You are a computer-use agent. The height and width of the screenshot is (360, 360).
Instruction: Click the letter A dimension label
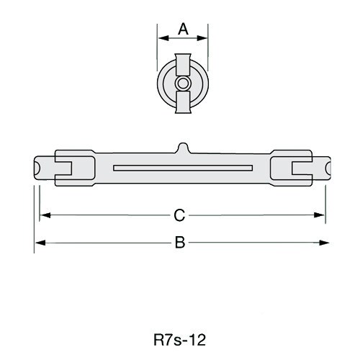point(183,29)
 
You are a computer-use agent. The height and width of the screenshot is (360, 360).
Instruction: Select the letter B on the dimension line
point(181,243)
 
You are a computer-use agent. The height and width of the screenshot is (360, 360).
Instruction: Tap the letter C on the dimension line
point(181,215)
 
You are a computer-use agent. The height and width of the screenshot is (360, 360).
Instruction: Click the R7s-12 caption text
point(181,337)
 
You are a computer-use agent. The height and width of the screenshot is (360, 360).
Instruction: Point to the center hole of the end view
point(183,83)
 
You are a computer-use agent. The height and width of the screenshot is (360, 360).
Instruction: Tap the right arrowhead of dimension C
point(322,215)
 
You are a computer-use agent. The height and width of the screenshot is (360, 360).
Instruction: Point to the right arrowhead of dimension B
point(328,243)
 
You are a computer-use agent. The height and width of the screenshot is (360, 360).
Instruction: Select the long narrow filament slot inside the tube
point(182,168)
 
